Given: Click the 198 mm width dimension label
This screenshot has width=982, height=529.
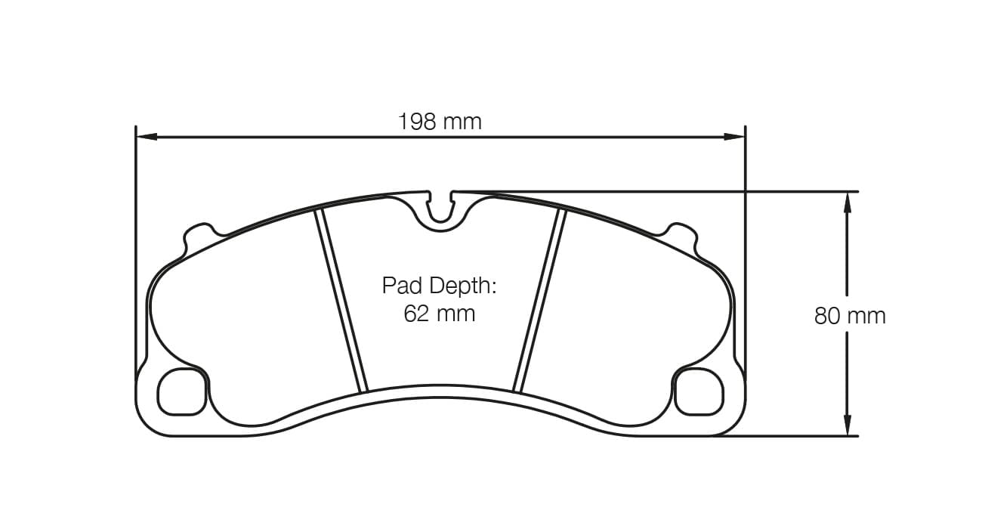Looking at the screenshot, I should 440,121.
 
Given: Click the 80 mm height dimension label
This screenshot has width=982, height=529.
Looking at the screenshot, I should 849,316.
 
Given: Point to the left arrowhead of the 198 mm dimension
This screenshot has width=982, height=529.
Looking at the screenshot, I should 146,137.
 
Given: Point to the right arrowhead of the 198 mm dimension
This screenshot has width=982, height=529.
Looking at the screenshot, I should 734,137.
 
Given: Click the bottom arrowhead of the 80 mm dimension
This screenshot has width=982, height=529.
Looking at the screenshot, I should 847,425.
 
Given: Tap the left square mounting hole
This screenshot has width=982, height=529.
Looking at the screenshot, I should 182,391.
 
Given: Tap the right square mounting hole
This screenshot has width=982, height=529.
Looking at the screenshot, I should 698,391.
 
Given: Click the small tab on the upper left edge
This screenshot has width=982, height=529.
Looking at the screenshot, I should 198,234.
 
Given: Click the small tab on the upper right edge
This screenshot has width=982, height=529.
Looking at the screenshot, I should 682,234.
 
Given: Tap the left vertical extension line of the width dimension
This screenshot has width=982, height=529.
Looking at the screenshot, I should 135,249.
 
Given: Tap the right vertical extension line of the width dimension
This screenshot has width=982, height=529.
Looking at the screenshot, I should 745,249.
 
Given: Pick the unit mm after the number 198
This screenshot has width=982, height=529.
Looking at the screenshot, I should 462,121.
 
